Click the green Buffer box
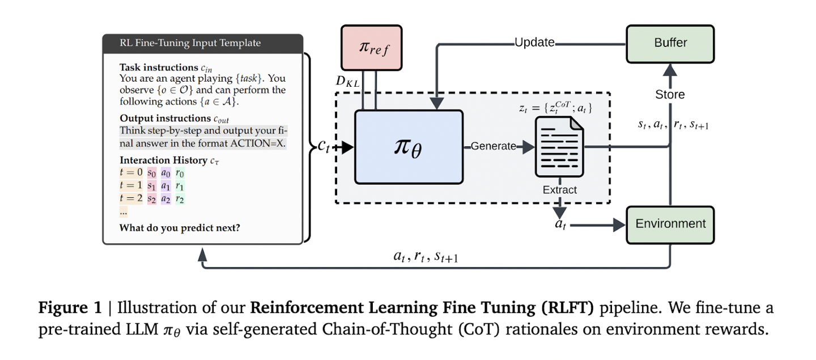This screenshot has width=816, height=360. [x=670, y=44]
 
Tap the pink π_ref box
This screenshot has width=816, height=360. [x=372, y=48]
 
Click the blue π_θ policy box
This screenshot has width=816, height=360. [x=409, y=147]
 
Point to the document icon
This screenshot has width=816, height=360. [x=559, y=147]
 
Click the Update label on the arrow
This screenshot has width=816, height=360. [x=534, y=43]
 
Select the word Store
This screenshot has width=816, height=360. [x=670, y=94]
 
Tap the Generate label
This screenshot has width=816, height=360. [x=493, y=146]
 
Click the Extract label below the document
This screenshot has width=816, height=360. [x=559, y=190]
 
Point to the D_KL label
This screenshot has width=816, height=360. [x=347, y=82]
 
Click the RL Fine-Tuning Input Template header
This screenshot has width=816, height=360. [x=190, y=43]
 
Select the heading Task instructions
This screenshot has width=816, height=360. [x=159, y=67]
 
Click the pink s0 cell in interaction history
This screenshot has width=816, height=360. [x=151, y=173]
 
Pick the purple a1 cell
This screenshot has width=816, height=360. [x=165, y=186]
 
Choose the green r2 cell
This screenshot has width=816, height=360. [x=180, y=199]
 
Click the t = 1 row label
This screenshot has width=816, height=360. [x=131, y=185]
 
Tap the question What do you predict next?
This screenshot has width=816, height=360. [x=180, y=228]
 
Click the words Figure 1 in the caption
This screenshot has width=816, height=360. [x=70, y=307]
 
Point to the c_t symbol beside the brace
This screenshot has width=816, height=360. [x=324, y=146]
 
